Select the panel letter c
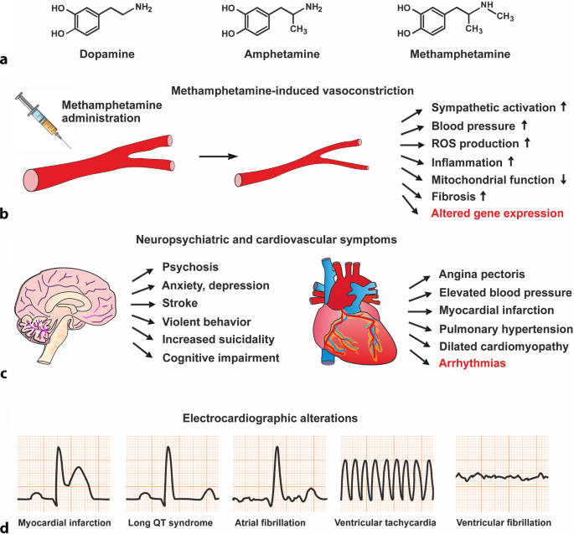click(6, 374)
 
